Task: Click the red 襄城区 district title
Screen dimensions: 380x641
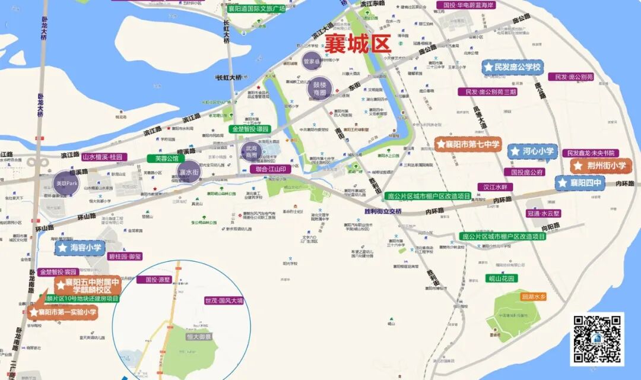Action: point(357,44)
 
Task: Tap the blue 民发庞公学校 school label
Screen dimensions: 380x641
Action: point(512,67)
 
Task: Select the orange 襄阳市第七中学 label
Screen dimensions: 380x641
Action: point(468,144)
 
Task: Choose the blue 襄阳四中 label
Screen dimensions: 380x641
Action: point(580,183)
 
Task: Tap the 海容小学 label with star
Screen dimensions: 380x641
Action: point(81,247)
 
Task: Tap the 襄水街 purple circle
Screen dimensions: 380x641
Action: point(189,172)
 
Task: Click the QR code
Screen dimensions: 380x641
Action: point(597,339)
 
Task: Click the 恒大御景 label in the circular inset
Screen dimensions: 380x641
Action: point(199,337)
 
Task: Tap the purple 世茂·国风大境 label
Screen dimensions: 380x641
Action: point(224,301)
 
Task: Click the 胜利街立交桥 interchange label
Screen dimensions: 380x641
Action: point(383,211)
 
